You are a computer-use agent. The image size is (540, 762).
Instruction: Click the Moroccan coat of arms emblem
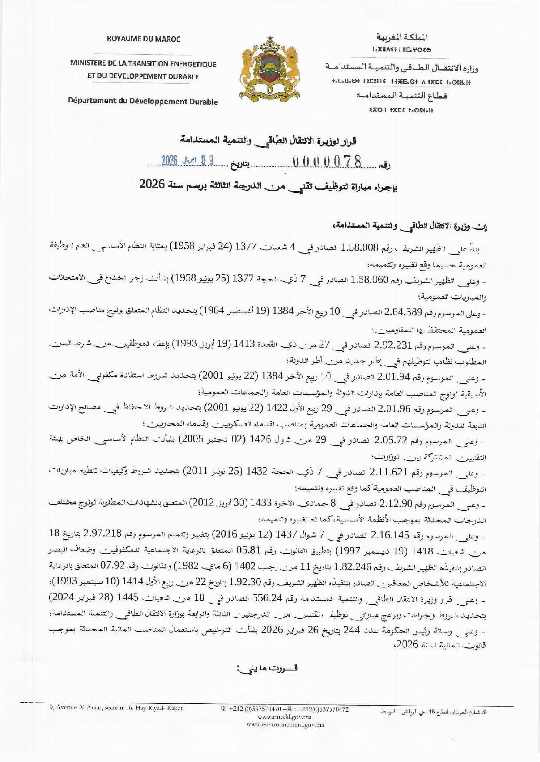coord(270,67)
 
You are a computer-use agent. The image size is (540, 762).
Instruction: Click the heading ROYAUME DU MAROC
coord(143,39)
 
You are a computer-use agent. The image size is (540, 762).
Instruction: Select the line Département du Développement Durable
coord(143,101)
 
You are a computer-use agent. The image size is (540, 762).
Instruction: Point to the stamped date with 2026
coord(187,161)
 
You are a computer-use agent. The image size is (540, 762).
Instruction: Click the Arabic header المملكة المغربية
coord(402,37)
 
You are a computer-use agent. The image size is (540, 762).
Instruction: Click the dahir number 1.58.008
coord(360,247)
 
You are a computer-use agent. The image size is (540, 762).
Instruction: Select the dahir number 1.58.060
coord(369,280)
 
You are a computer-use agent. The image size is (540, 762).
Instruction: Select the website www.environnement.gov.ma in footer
coord(284,724)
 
